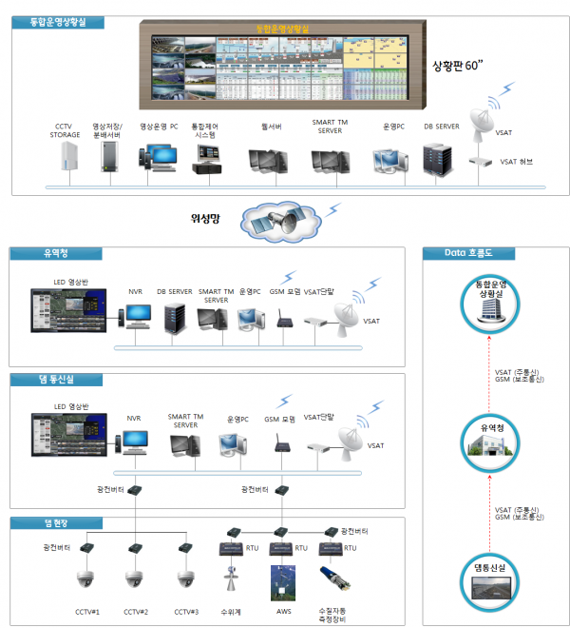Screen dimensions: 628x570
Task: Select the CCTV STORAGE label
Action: (67, 130)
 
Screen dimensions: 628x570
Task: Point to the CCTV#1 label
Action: (88, 611)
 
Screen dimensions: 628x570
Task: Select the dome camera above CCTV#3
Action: (186, 579)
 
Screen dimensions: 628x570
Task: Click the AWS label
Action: (283, 611)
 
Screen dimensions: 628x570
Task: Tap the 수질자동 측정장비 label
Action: (336, 614)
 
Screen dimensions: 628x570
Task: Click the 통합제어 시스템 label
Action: (203, 130)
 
